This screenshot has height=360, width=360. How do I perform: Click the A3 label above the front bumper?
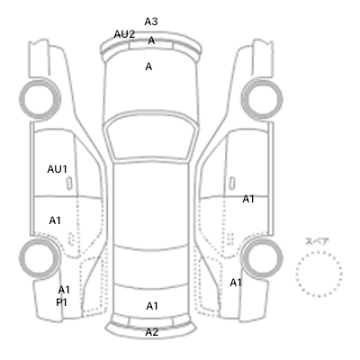click(x=151, y=22)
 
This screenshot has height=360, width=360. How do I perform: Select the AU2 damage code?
click(x=124, y=34)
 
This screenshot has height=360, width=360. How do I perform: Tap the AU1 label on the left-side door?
click(x=57, y=169)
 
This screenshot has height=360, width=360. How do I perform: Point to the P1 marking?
click(x=61, y=302)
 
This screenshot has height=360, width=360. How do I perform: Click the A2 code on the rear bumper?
click(x=152, y=332)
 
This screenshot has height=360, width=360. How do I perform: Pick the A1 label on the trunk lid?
click(x=152, y=306)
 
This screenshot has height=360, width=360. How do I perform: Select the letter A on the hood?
click(x=148, y=67)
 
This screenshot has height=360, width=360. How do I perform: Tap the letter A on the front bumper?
click(x=151, y=40)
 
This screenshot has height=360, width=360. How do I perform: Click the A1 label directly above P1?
click(x=64, y=290)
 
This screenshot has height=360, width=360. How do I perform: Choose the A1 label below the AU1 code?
click(x=55, y=220)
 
